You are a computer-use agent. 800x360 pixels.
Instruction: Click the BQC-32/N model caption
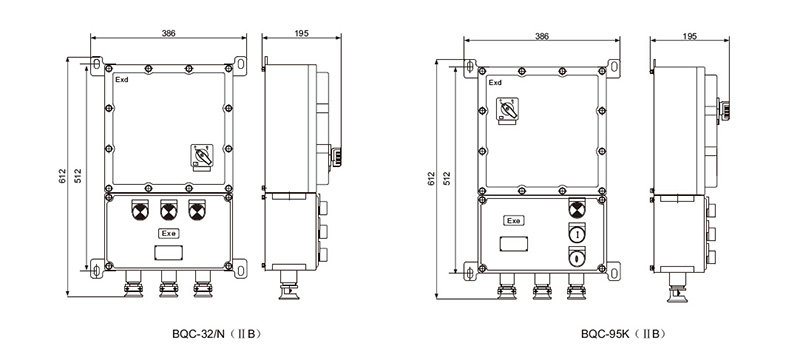click(216, 335)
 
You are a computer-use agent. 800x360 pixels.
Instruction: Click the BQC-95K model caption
click(623, 335)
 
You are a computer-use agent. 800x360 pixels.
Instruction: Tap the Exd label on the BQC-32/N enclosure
click(121, 80)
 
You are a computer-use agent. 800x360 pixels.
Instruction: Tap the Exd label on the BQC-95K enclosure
click(495, 83)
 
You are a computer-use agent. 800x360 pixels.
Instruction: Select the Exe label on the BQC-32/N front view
click(168, 233)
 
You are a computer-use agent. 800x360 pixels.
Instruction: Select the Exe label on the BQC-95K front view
click(514, 221)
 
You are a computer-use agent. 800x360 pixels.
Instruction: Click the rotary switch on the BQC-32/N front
click(202, 156)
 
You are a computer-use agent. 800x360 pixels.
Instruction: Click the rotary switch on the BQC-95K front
click(507, 111)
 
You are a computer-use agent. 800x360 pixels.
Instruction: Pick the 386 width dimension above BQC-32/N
click(168, 33)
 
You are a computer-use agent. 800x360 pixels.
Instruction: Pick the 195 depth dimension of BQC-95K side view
click(689, 36)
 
